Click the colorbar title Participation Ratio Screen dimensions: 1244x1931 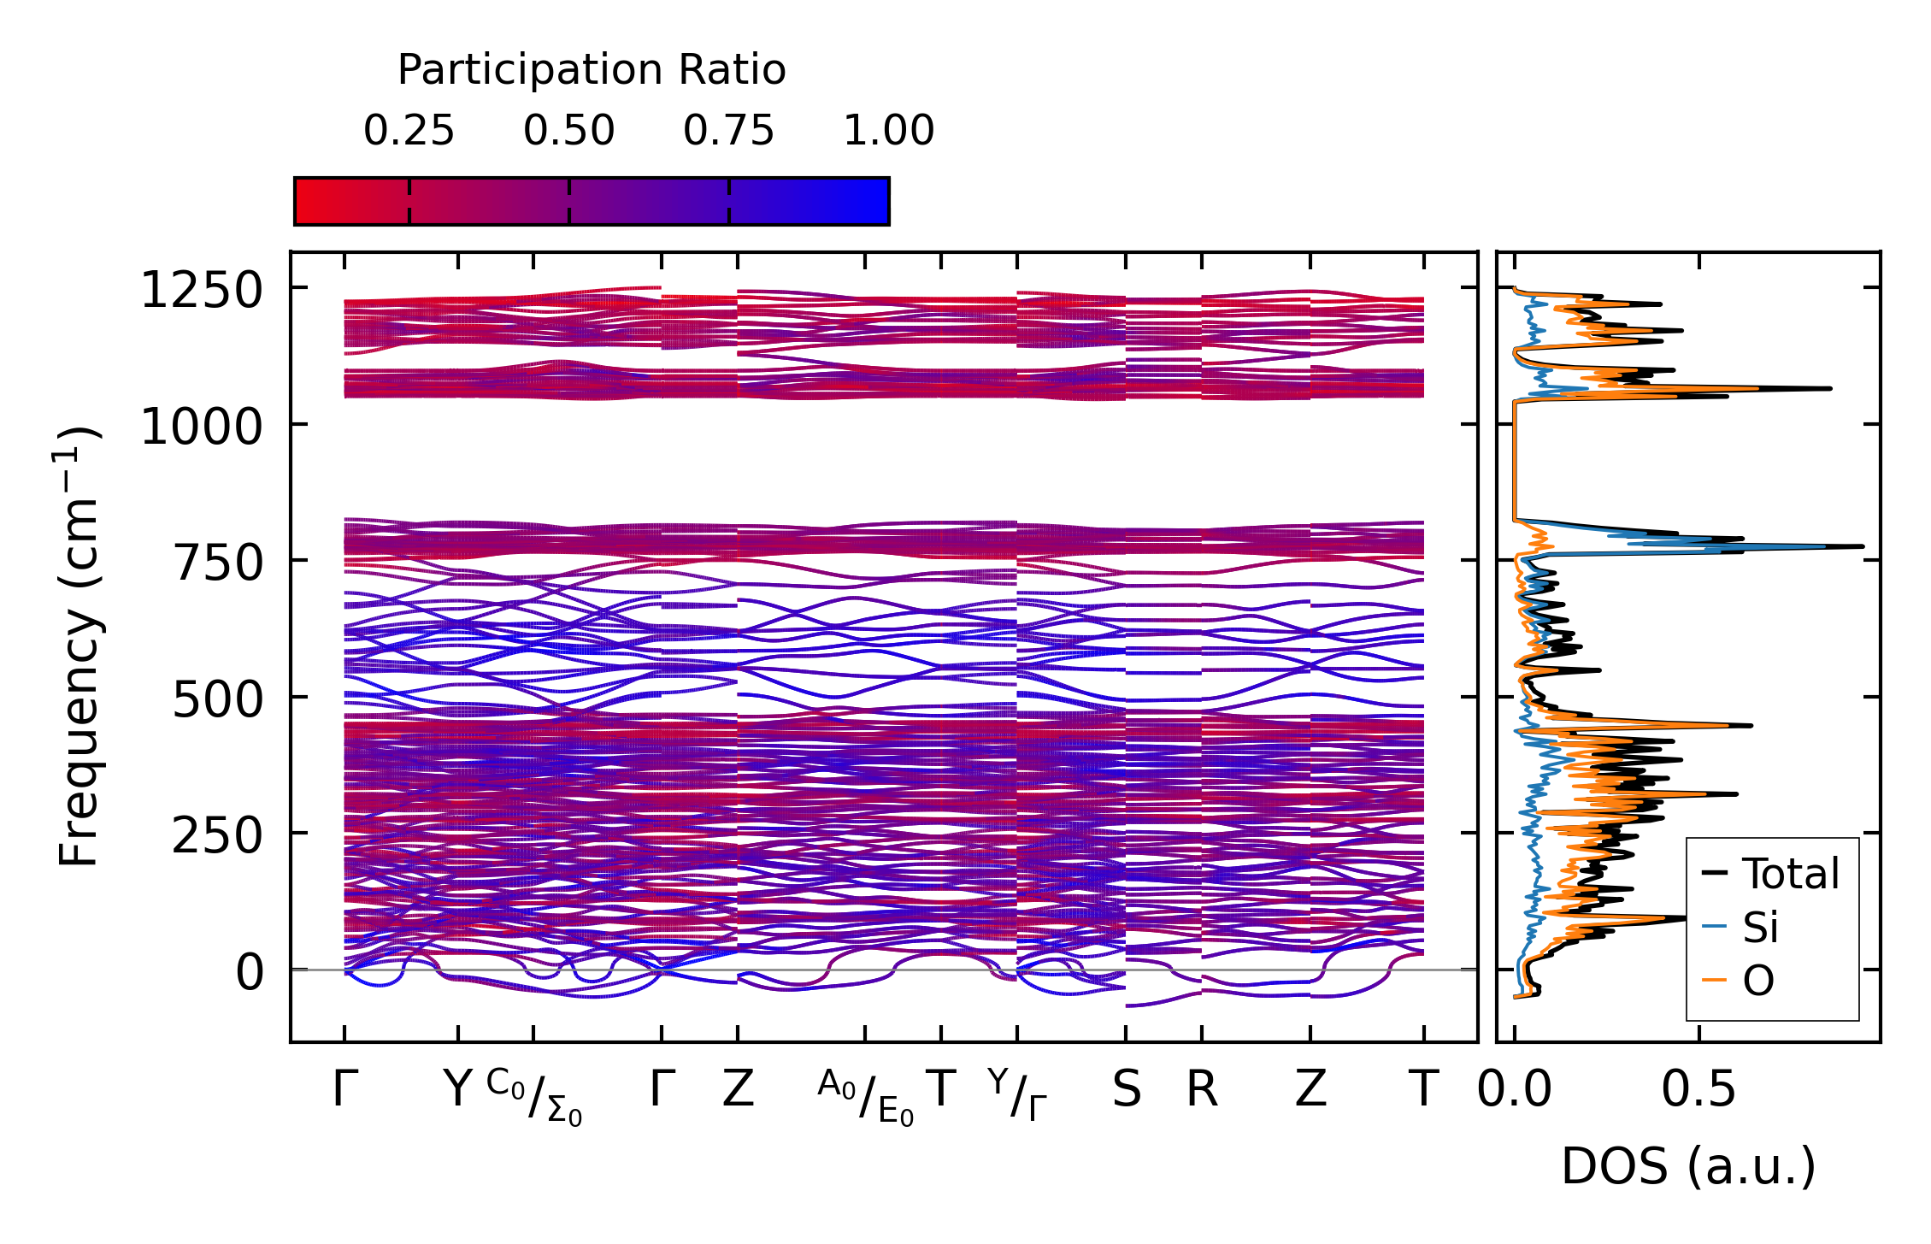[592, 70]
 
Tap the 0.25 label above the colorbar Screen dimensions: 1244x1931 [409, 131]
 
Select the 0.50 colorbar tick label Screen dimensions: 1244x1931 [568, 131]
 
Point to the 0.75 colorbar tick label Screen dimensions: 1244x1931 [728, 131]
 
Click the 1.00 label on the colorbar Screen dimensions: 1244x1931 [888, 131]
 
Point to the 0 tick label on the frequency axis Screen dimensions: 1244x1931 [250, 972]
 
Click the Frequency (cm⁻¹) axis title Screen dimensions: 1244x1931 [79, 646]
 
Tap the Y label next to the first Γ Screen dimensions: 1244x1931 [458, 1089]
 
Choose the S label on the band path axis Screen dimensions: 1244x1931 [1126, 1089]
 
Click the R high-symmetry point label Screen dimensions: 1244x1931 [1201, 1089]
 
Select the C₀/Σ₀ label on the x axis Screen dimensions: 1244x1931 [535, 1096]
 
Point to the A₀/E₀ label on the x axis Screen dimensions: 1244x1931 [866, 1096]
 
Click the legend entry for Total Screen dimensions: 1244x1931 [1790, 874]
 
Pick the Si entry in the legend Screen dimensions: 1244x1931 [1760, 927]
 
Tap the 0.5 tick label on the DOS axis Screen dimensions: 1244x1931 [1698, 1089]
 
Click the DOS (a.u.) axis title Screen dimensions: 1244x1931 [1688, 1166]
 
